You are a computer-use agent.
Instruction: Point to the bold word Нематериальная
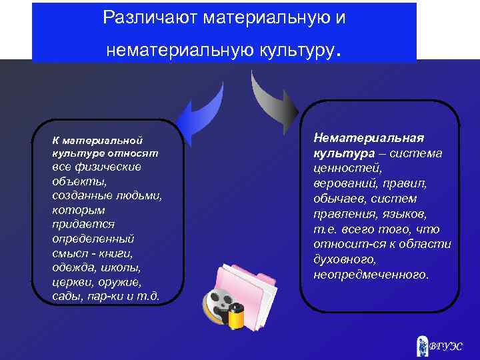tap(369, 137)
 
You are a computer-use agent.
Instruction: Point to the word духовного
tap(345, 259)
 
